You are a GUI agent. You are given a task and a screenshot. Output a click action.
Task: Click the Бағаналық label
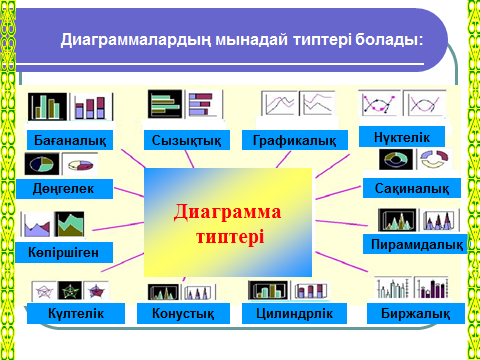[x=70, y=140]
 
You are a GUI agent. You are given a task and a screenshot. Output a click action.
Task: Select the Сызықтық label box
[x=187, y=140]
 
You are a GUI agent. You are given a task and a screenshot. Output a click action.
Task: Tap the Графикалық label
[x=295, y=140]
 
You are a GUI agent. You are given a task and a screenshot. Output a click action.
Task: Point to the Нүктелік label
[x=402, y=137]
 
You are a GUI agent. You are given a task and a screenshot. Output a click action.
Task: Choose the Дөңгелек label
[x=64, y=189]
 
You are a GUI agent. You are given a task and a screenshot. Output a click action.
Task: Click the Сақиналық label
[x=412, y=188]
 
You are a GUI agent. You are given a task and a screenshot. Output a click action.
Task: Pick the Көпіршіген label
[x=64, y=252]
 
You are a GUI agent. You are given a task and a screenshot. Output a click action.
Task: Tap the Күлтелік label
[x=76, y=313]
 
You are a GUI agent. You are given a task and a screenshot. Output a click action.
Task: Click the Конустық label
[x=183, y=313]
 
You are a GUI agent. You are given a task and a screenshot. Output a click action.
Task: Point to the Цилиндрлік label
[x=294, y=313]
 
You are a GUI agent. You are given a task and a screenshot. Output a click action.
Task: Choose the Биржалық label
[x=416, y=313]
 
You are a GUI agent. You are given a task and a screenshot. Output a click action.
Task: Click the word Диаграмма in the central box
[x=227, y=212]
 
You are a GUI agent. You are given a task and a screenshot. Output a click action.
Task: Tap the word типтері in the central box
[x=230, y=237]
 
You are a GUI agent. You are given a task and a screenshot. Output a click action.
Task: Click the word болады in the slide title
[x=386, y=40]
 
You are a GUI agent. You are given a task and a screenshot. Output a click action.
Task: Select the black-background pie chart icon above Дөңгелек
[x=42, y=164]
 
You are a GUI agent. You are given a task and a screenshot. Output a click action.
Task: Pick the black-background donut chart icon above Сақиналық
[x=396, y=159]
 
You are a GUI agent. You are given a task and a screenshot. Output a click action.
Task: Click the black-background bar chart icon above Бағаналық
[x=47, y=107]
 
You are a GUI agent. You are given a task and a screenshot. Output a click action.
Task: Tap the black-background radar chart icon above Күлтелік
[x=70, y=291]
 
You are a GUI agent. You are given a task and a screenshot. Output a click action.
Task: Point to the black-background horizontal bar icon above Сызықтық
[x=165, y=104]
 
